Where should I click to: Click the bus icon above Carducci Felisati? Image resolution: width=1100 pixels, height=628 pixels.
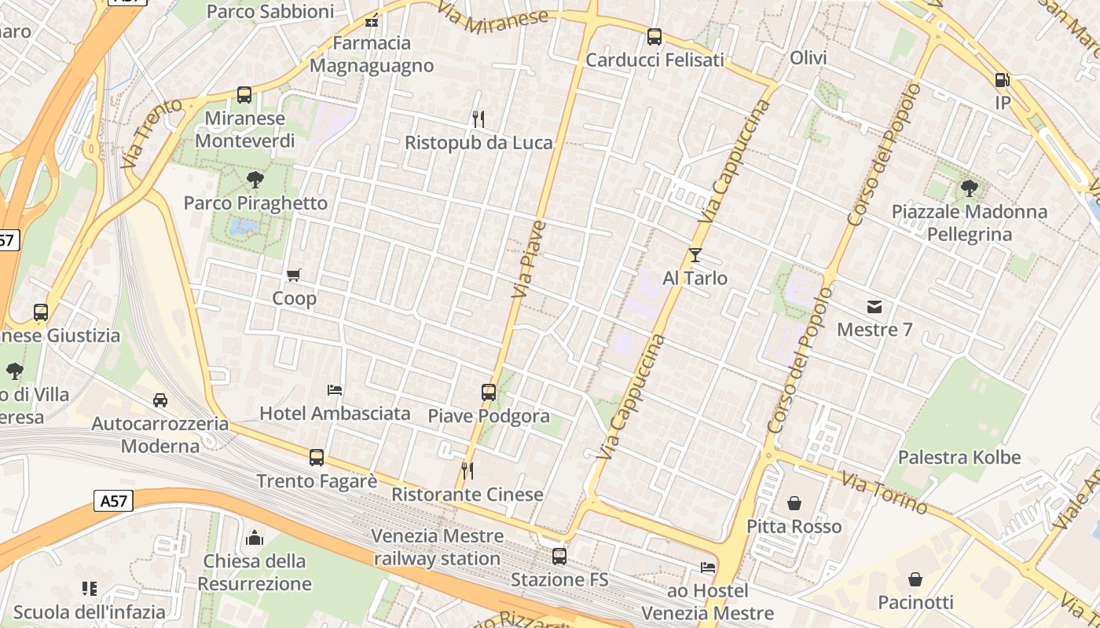pos(654,37)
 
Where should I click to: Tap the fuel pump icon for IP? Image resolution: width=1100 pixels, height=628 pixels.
pos(1002,80)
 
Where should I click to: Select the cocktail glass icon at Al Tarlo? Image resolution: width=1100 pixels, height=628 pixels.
pos(695,254)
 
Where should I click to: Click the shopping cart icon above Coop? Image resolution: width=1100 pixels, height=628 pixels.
pos(294,275)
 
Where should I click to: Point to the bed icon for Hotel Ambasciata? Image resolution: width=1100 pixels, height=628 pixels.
pos(335,389)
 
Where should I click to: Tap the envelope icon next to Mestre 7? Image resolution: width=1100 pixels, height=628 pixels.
pos(874,306)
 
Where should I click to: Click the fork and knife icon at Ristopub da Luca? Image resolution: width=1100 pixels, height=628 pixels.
pos(478,119)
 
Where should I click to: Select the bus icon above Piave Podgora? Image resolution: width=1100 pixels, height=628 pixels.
pos(489,392)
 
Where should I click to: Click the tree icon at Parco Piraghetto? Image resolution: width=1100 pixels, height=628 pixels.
pos(255,180)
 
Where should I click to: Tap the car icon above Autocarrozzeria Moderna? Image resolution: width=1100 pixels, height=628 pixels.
pos(160,400)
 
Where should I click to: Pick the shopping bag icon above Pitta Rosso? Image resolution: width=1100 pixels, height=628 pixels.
pos(794,502)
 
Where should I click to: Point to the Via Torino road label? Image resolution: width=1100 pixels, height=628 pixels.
pos(885,492)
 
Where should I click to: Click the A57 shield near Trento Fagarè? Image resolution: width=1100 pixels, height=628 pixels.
pos(113,501)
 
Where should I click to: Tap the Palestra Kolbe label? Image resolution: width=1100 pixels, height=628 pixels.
pos(959,458)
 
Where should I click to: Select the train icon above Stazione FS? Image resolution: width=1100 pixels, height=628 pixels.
pos(559,557)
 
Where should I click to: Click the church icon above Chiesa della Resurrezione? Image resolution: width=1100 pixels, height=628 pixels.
pos(254,538)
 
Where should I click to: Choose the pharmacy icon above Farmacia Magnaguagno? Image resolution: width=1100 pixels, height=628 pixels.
pos(372,20)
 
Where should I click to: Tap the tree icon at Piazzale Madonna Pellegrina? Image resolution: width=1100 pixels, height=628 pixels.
pos(970,188)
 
